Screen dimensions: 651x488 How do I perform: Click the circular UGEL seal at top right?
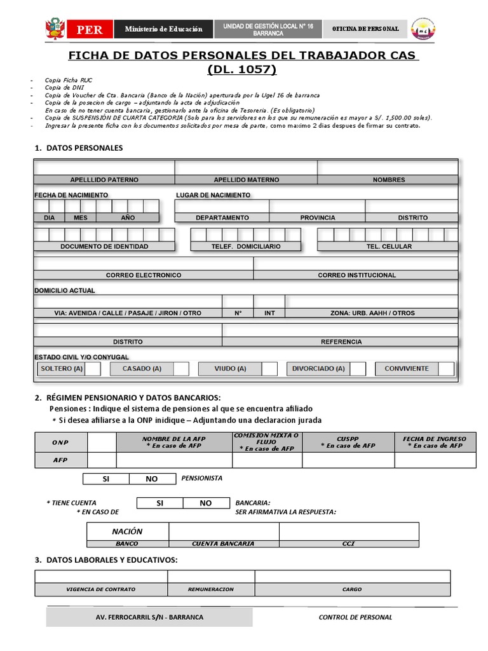click(423, 29)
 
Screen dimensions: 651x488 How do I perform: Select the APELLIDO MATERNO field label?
click(246, 180)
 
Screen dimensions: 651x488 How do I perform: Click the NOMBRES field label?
click(388, 180)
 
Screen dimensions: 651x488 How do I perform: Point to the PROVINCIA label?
click(318, 217)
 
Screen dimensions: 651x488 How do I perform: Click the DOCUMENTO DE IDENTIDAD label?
click(104, 246)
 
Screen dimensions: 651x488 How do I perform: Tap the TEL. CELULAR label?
click(388, 246)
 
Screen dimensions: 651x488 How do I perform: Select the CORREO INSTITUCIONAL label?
click(356, 275)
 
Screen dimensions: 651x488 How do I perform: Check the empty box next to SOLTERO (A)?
click(93, 369)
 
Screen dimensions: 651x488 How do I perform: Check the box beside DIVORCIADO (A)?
click(358, 369)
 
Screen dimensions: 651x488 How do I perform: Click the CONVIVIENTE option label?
click(406, 369)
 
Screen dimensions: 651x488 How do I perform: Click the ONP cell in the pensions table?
click(61, 442)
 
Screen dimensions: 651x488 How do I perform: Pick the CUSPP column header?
click(348, 442)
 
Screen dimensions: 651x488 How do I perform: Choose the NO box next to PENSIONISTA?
click(152, 479)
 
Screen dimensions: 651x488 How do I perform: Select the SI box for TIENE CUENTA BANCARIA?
click(159, 503)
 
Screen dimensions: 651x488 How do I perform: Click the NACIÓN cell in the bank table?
click(127, 531)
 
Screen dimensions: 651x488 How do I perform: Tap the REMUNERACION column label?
click(211, 589)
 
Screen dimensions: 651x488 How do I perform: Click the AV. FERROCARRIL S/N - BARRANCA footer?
click(149, 617)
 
